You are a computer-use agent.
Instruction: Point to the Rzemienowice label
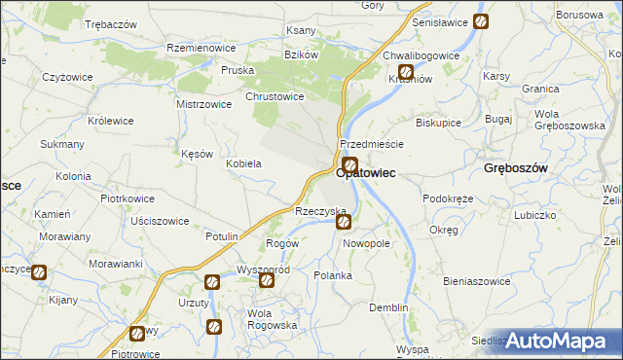pyautogui.click(x=202, y=48)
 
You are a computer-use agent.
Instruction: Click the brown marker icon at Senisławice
pyautogui.click(x=481, y=21)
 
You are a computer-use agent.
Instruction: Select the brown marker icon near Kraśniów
pyautogui.click(x=406, y=72)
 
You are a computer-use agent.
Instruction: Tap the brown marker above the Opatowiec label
pyautogui.click(x=349, y=165)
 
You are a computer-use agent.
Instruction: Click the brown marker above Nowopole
pyautogui.click(x=345, y=223)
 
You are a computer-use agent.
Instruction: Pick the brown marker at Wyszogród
pyautogui.click(x=266, y=280)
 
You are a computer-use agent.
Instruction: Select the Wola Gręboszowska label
pyautogui.click(x=569, y=120)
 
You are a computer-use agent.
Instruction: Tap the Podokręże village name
pyautogui.click(x=448, y=198)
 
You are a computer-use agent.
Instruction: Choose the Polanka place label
pyautogui.click(x=333, y=275)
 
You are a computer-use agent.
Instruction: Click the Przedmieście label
pyautogui.click(x=372, y=143)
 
